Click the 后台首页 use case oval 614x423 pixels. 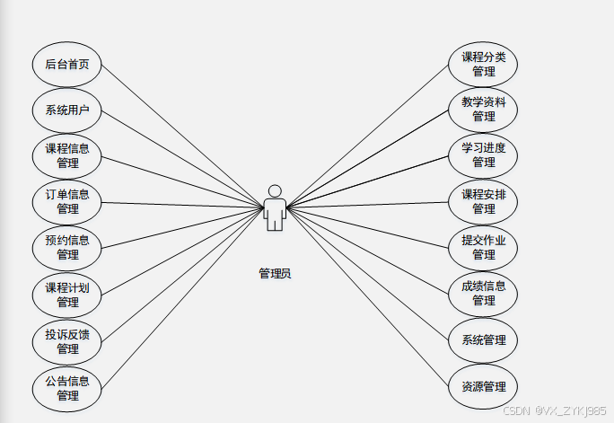(x=67, y=65)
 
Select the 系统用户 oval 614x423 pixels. (x=67, y=110)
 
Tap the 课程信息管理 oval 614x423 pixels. (x=67, y=156)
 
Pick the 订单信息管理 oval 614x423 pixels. (x=67, y=202)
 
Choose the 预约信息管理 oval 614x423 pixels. (x=67, y=248)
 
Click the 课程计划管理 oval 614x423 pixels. (x=67, y=295)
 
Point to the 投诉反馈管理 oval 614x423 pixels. (x=67, y=342)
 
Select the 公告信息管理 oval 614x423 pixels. (x=67, y=388)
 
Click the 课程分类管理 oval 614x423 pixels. (x=484, y=65)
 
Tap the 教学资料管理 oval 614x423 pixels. (x=484, y=110)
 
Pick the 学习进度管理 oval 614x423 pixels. (x=484, y=155)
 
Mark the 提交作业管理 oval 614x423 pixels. (x=484, y=247)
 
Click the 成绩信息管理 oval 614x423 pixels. (x=484, y=294)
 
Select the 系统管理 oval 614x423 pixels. (x=484, y=340)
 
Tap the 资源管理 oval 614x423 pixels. (x=484, y=387)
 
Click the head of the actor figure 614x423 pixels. (x=275, y=190)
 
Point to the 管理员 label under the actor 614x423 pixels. (x=275, y=273)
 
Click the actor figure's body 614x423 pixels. (x=275, y=213)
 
